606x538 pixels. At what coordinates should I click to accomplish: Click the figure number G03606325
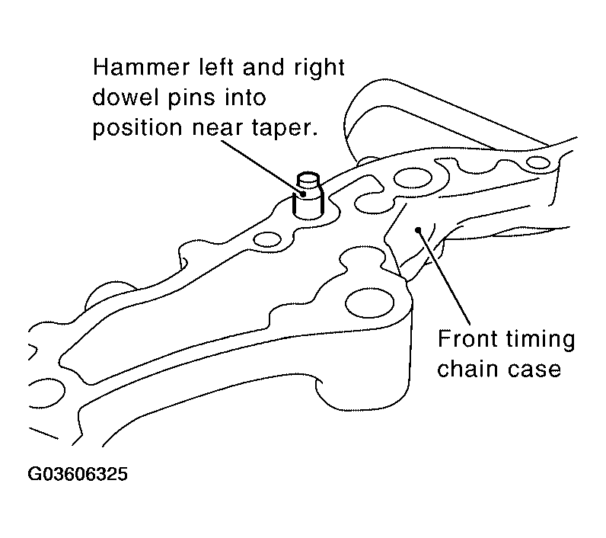78,474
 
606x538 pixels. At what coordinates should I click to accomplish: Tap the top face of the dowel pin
308,178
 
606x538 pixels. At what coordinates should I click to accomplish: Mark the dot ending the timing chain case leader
418,230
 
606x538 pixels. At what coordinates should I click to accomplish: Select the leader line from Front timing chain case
444,277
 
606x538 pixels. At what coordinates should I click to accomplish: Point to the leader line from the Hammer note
263,167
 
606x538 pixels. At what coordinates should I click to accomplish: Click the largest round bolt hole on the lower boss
369,303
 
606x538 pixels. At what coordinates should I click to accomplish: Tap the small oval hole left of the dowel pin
266,239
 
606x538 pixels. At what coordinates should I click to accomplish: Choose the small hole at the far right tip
538,162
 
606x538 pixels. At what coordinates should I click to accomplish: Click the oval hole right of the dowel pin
413,178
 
